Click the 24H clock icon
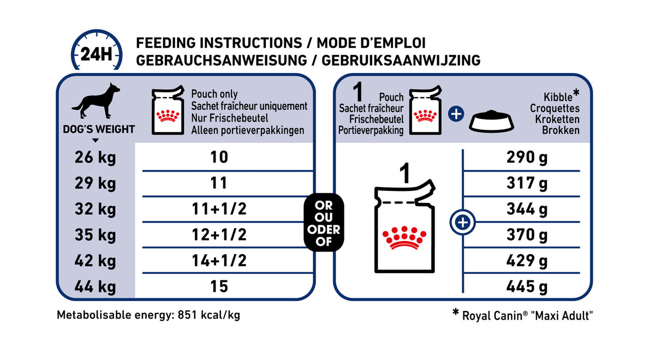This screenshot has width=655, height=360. [97, 53]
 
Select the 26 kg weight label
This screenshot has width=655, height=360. [96, 158]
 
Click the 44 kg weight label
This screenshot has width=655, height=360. [96, 286]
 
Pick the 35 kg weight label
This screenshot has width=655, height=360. [96, 235]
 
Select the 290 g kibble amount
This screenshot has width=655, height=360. [526, 158]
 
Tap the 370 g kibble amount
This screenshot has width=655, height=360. [526, 235]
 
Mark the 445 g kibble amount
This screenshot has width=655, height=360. [526, 286]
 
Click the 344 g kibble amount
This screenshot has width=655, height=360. [526, 209]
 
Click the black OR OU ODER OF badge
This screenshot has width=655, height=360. [324, 223]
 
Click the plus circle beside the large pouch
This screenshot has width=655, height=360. [463, 223]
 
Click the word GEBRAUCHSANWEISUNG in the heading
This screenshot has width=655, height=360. [221, 60]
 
